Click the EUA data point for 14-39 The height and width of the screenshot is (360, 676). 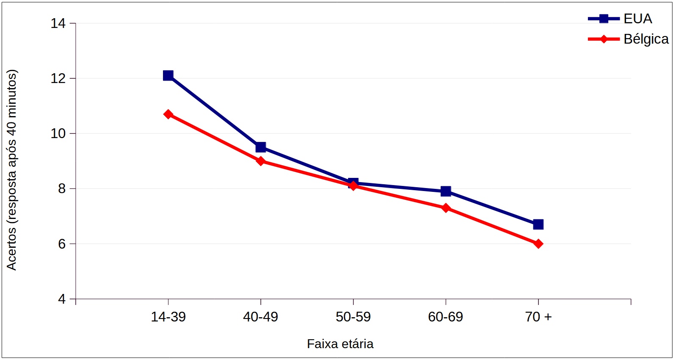tap(168, 75)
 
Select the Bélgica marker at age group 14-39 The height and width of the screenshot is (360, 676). tap(168, 114)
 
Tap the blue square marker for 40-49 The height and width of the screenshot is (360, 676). tap(261, 147)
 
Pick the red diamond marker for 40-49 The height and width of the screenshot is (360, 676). tap(261, 161)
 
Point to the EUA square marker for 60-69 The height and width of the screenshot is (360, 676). tap(446, 191)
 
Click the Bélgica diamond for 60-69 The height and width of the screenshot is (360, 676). tap(446, 208)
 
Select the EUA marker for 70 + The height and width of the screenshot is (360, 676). tap(538, 224)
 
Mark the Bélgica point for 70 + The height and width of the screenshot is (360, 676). tap(538, 244)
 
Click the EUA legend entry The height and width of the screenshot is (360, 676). tap(637, 19)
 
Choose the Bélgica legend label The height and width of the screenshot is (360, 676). tap(646, 39)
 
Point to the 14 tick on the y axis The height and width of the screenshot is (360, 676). tap(58, 23)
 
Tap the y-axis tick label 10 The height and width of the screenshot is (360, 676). tap(58, 133)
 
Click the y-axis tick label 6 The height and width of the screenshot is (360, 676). tap(62, 244)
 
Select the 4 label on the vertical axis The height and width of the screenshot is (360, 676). tap(62, 299)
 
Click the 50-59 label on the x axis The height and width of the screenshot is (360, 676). tap(353, 317)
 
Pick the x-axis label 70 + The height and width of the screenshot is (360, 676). tap(538, 317)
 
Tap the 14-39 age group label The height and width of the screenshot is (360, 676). tap(168, 317)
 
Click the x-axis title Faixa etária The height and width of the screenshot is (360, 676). tap(340, 343)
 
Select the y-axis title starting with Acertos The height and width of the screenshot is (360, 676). tap(11, 169)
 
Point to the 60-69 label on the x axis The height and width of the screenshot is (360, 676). tap(446, 317)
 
